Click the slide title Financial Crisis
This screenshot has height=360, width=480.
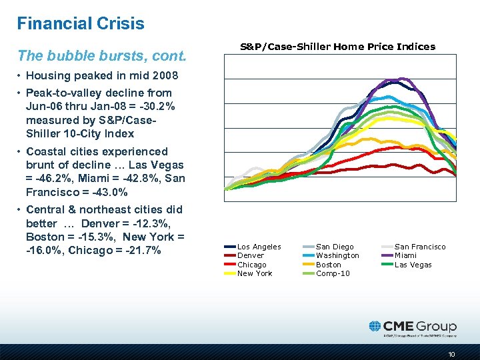click(81, 24)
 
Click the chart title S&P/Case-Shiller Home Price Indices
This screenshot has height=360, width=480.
click(337, 47)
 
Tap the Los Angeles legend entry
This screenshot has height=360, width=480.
click(259, 247)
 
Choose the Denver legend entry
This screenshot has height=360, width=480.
click(250, 255)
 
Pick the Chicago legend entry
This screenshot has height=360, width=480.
click(251, 265)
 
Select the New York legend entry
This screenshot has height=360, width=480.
click(255, 273)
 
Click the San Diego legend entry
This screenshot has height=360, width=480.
click(335, 247)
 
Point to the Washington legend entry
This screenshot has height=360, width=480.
click(337, 255)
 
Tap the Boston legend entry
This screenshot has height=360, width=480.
click(329, 265)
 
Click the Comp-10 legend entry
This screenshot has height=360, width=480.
click(332, 273)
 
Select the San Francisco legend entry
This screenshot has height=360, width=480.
click(420, 247)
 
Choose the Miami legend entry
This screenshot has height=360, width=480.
click(406, 255)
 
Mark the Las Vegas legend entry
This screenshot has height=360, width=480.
click(413, 265)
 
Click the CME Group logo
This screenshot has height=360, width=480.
click(413, 327)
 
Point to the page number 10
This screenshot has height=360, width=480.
click(452, 354)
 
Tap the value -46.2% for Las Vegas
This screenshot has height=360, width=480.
click(54, 178)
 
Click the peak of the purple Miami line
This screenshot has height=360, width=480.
click(395, 79)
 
